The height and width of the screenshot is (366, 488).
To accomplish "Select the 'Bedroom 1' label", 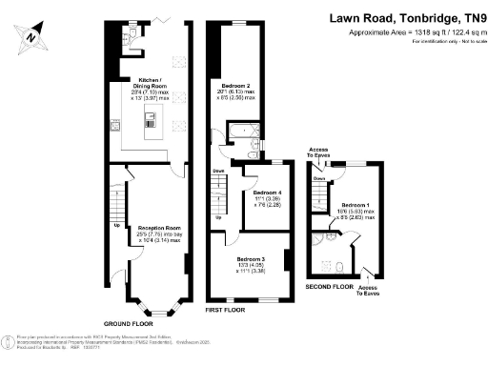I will (x=356, y=205).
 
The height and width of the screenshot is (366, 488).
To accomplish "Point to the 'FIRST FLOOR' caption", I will (x=228, y=311).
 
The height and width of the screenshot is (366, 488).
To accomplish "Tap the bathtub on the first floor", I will (x=238, y=132).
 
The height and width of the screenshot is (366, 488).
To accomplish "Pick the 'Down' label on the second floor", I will (x=320, y=177).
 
